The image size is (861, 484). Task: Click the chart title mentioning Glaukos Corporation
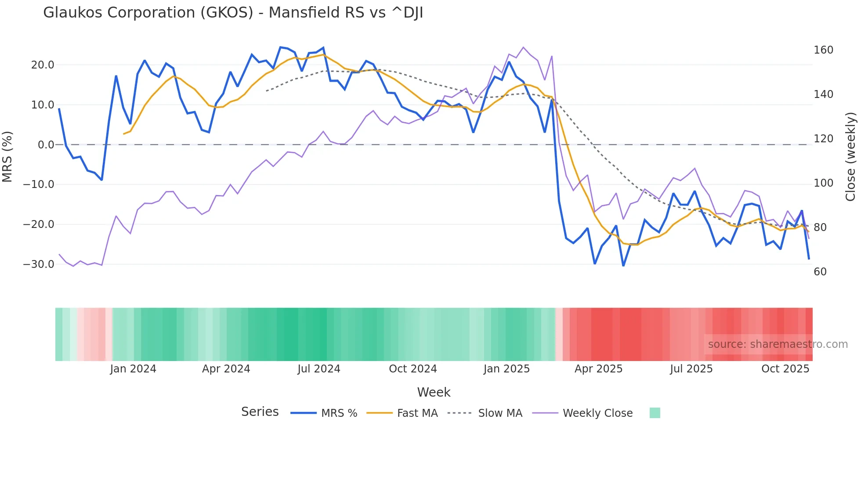(x=233, y=13)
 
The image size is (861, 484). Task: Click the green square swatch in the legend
(x=655, y=413)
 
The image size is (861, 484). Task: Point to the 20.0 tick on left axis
(x=43, y=65)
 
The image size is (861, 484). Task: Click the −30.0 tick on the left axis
(x=39, y=264)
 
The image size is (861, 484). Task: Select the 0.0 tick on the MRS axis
(x=46, y=145)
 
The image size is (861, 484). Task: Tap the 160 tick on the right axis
(x=823, y=50)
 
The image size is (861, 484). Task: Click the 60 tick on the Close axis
(x=820, y=272)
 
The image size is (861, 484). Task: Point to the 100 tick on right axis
(x=823, y=183)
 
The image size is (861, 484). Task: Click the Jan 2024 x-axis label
(x=133, y=369)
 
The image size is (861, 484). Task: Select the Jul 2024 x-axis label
(x=319, y=369)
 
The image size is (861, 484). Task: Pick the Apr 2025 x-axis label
(x=598, y=369)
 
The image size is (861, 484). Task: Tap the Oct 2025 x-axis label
(x=785, y=369)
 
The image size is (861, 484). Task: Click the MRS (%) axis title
(x=7, y=157)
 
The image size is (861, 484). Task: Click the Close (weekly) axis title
(x=851, y=157)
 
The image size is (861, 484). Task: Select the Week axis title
(x=434, y=392)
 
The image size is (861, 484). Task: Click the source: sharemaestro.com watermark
(x=778, y=344)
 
